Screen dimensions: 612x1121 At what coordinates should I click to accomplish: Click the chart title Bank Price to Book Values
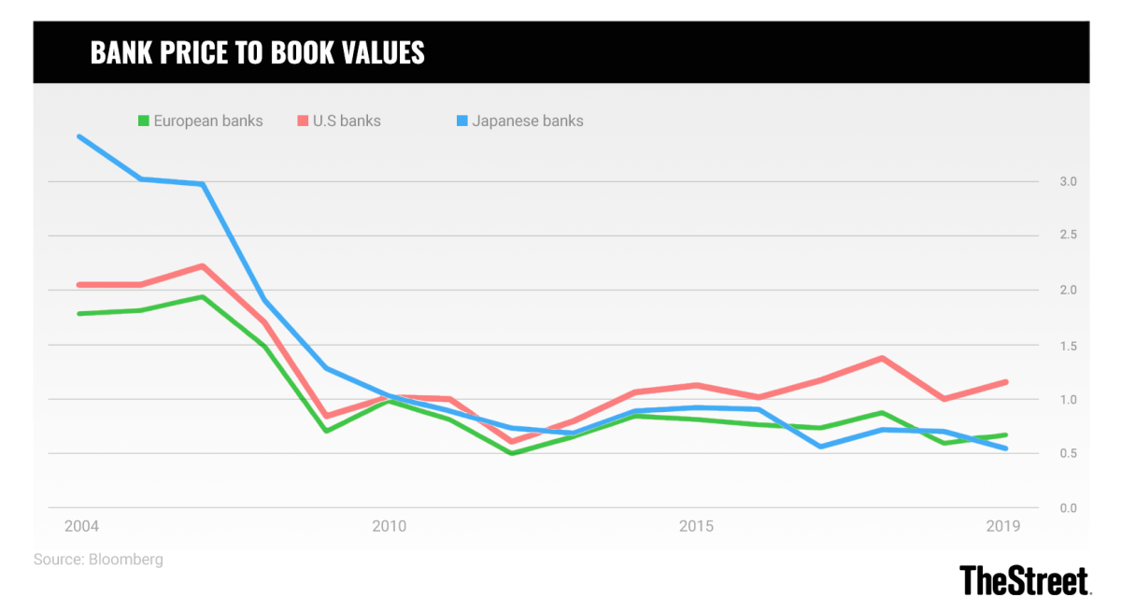tap(257, 52)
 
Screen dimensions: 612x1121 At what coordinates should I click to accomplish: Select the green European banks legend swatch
tap(144, 121)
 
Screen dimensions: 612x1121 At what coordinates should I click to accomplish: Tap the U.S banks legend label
tap(347, 121)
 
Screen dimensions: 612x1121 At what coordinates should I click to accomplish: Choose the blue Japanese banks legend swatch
tap(462, 121)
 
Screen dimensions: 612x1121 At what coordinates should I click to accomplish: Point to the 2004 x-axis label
tap(81, 527)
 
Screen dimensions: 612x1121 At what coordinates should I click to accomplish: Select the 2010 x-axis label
tap(389, 527)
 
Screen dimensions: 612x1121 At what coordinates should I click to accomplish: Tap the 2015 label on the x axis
tap(696, 527)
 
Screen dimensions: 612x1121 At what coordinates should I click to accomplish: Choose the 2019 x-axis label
tap(1004, 527)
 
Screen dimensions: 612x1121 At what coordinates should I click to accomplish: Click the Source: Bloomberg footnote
tap(98, 560)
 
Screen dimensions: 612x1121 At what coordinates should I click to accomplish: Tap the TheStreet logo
tap(1025, 579)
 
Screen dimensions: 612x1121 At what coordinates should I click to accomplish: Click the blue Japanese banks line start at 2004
tap(79, 136)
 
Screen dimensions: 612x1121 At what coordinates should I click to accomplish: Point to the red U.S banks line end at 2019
tap(1005, 381)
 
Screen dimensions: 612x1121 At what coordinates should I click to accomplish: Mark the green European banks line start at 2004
tap(79, 313)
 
